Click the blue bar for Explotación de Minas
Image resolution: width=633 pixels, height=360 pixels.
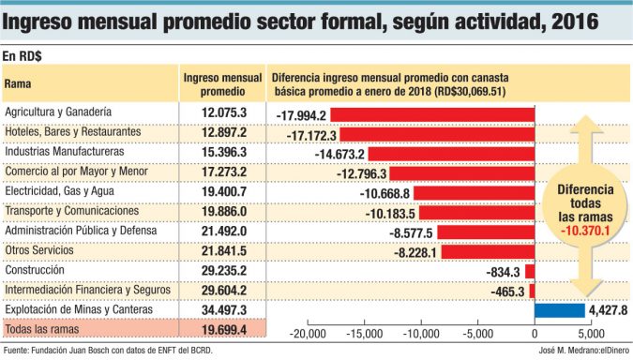point(559,310)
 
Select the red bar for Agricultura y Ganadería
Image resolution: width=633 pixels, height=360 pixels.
point(432,114)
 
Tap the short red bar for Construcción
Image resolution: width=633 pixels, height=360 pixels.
point(530,271)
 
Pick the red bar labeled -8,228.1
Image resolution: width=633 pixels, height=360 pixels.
point(488,251)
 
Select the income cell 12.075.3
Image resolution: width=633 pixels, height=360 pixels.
point(223,112)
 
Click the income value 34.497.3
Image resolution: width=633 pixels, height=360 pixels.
point(223,309)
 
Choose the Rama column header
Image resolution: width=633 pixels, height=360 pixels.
point(20,84)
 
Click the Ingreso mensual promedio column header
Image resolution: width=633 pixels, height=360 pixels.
point(223,84)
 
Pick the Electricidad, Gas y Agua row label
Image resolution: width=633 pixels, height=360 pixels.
point(62,191)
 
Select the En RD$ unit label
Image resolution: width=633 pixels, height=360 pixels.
point(23,55)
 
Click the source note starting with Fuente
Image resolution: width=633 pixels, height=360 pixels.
point(108,352)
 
